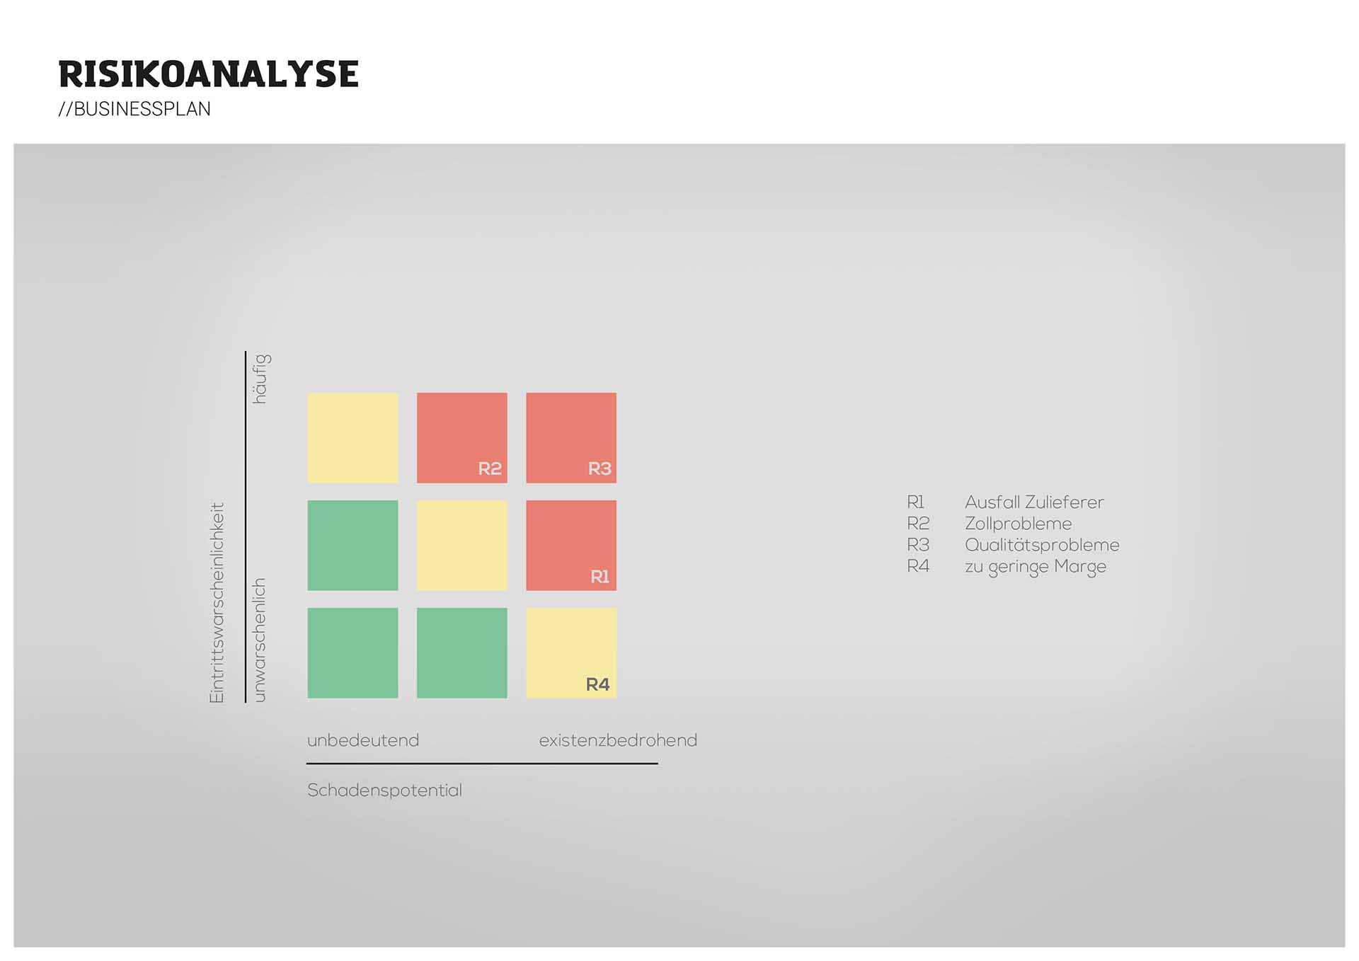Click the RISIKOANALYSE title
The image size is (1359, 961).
coord(208,74)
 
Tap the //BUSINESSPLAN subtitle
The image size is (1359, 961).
coord(134,109)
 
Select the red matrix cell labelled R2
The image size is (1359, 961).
coord(461,437)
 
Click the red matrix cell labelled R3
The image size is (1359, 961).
coord(570,437)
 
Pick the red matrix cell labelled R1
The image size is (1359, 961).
coord(570,545)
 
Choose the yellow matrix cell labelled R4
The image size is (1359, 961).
coord(570,652)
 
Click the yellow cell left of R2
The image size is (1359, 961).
coord(352,437)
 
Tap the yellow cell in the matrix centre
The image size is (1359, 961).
coord(461,545)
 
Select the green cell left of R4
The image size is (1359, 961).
coord(461,652)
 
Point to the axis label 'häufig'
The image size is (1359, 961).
coord(261,379)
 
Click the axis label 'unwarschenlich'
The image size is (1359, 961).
coord(260,640)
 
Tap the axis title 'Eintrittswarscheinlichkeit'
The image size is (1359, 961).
coord(217,603)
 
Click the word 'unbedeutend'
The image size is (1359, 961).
coord(363,740)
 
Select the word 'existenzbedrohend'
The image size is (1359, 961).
coord(618,740)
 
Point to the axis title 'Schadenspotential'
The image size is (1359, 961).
coord(384,790)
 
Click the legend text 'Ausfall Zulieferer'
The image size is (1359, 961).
coord(1034,502)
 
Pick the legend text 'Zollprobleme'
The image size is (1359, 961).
coord(1018,524)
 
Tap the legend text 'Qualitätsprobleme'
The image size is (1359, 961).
coord(1042,545)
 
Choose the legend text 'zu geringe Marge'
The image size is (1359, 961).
coord(1035,567)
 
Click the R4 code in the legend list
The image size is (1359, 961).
coord(918,566)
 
